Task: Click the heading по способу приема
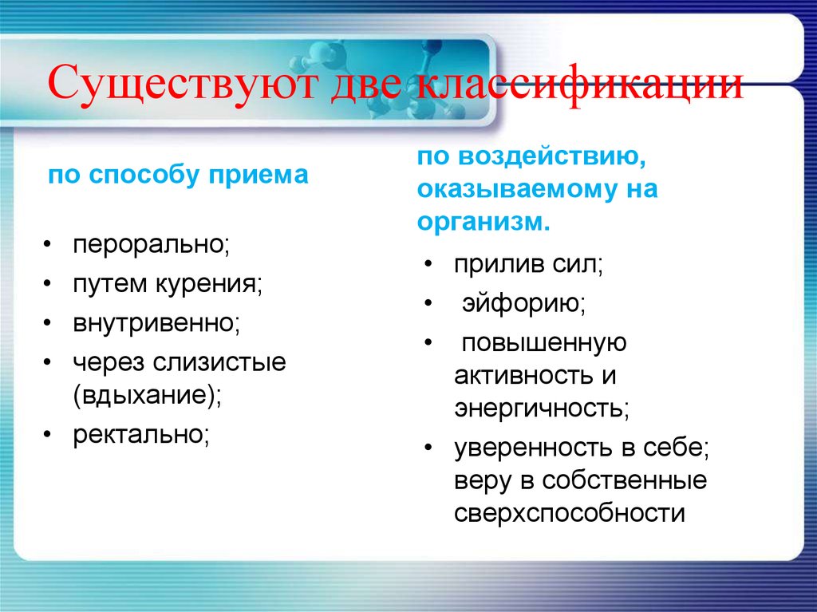point(178,176)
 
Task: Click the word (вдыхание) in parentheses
point(148,395)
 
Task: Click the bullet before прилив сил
point(430,265)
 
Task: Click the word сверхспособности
point(570,512)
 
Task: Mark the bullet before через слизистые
point(50,363)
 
